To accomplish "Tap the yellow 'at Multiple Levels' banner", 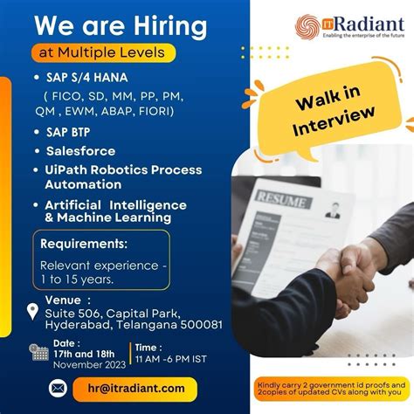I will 102,52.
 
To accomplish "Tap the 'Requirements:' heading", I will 84,244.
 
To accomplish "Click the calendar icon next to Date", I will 39,352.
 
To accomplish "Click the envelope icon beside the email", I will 57,389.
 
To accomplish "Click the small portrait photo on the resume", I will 333,210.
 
